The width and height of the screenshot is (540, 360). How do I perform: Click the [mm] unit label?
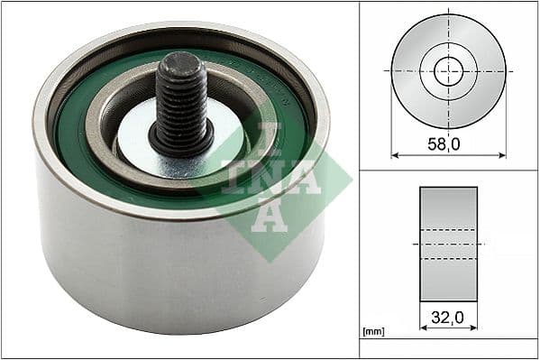point(372,332)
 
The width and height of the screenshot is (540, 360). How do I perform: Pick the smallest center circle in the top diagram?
point(448,71)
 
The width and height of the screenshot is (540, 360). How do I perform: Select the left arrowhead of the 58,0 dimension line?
point(395,154)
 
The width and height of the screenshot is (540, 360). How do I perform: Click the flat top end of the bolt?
point(180,62)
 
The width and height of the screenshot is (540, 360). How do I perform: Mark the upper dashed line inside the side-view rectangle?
point(448,229)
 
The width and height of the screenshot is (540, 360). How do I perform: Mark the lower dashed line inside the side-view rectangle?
point(448,259)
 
